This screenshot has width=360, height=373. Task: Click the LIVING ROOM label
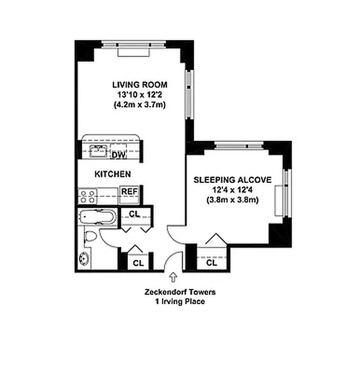[139, 85]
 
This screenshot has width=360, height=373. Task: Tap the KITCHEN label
[112, 174]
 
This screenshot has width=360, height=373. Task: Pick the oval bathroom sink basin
[85, 258]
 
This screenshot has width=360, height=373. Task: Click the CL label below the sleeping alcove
[212, 263]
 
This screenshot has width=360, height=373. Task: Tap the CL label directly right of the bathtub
[134, 214]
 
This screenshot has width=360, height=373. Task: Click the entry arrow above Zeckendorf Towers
[173, 277]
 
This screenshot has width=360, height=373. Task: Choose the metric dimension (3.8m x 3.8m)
[232, 200]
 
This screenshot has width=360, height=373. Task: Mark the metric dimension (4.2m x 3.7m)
[139, 105]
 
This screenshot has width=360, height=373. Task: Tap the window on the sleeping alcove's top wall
[239, 144]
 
